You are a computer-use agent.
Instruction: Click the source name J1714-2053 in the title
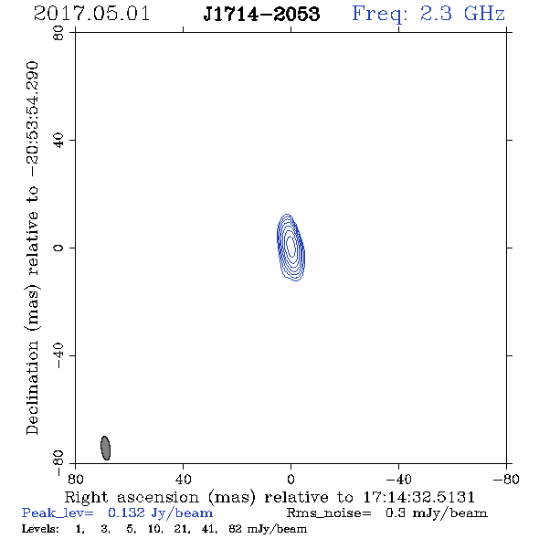coord(261,14)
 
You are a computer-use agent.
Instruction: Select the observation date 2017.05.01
coord(91,14)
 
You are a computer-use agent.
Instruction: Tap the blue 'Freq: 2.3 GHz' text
coord(428,15)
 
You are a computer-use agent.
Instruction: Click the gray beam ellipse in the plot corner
coord(106,448)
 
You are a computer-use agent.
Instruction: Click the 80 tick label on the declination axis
coord(59,33)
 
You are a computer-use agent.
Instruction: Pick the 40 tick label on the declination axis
coord(59,141)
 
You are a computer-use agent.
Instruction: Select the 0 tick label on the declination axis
coord(59,248)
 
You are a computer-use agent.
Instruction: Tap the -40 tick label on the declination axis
coord(59,355)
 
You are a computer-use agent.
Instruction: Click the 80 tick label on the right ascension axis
coord(75,480)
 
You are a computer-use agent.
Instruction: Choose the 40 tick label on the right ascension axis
coord(183,480)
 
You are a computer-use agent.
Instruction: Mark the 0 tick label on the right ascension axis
coord(291,480)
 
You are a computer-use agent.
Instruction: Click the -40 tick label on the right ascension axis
coord(398,480)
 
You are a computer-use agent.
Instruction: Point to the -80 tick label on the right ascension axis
coord(506,480)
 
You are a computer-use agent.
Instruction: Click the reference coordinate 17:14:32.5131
coord(418,497)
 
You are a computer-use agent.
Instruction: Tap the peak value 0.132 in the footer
coord(126,513)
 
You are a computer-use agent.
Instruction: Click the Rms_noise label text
coord(329,513)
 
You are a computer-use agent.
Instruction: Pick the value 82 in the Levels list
coord(235,528)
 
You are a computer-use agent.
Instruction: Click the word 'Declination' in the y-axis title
coord(32,387)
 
